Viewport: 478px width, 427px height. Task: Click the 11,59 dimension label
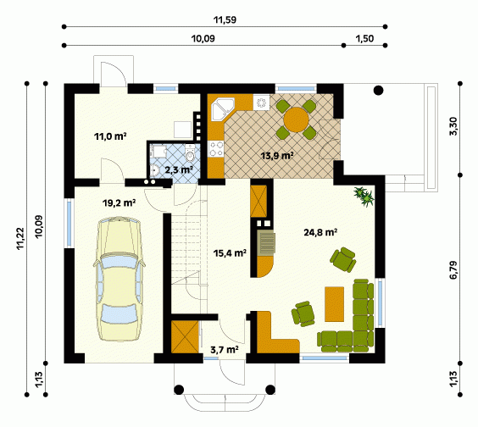(225, 19)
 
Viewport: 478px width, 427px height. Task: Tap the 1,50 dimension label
(364, 39)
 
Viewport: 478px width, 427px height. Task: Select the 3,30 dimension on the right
(453, 126)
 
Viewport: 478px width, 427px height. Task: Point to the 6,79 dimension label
(453, 269)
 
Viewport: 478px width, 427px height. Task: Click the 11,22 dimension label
(20, 239)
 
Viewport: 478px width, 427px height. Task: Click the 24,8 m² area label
(320, 232)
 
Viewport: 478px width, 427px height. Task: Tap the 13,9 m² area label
(277, 156)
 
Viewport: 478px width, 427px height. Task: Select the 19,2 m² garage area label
(119, 202)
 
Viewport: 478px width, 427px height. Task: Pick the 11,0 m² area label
(110, 136)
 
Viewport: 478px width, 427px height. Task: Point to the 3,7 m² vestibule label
(225, 350)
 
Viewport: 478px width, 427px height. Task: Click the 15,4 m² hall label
(230, 252)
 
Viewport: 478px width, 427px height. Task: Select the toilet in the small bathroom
(190, 153)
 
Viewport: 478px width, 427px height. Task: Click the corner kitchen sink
(224, 108)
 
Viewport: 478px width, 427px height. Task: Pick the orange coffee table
(335, 304)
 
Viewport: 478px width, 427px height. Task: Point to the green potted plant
(364, 197)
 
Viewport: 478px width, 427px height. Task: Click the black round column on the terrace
(378, 90)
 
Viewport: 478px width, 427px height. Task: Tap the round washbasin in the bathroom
(154, 170)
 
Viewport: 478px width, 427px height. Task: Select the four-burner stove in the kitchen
(216, 149)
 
